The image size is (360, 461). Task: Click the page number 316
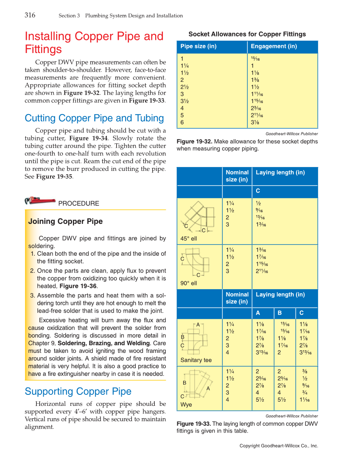30,15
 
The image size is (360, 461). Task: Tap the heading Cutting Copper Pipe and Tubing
94,118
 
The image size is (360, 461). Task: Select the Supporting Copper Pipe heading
78,391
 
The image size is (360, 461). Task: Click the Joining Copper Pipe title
65,221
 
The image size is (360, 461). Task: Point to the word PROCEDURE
78,204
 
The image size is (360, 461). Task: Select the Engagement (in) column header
273,46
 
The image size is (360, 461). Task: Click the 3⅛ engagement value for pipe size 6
256,123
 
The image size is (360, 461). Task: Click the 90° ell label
189,283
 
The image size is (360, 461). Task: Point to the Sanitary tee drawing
196,337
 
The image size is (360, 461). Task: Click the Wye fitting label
186,405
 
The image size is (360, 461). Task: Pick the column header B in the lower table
279,313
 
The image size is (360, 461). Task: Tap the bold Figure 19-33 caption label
193,424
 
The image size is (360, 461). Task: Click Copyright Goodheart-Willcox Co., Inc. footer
279,446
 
